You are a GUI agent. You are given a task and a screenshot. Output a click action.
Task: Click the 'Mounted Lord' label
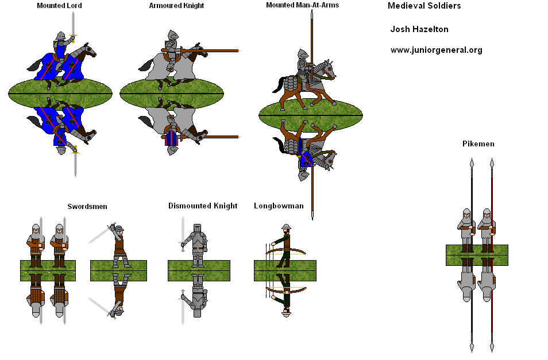(x=59, y=6)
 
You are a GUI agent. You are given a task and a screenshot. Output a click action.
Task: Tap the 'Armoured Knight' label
(x=176, y=6)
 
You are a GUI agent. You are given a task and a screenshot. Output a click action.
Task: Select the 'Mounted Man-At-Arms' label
(x=302, y=5)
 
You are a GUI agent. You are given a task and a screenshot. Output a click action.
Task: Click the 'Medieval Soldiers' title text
(x=424, y=6)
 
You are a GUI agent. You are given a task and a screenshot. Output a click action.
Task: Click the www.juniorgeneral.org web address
(x=436, y=50)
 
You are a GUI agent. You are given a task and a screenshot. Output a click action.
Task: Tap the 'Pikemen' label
(x=478, y=144)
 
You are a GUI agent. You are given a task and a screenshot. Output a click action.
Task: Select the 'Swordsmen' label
(x=87, y=206)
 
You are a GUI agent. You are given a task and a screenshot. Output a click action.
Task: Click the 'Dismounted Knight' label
(x=203, y=206)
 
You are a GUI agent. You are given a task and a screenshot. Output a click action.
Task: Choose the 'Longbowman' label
(x=279, y=206)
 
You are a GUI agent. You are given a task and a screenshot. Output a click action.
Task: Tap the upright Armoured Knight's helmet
(x=172, y=35)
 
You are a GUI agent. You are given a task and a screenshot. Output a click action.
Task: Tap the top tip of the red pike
(x=492, y=163)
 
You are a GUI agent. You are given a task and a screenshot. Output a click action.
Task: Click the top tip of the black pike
(x=472, y=163)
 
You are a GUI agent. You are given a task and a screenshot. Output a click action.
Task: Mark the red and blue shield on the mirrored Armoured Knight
(x=171, y=138)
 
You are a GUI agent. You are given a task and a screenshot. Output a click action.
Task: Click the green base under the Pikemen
(x=477, y=256)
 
